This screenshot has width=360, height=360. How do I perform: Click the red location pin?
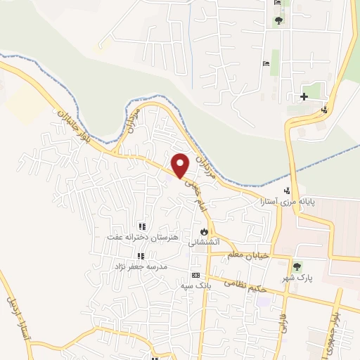tap(181, 165)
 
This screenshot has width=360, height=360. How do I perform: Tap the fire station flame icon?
tap(205, 230)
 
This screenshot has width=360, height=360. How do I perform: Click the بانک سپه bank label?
tap(196, 285)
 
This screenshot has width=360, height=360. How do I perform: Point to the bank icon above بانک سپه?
tap(196, 275)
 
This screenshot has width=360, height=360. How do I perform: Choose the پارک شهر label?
tap(297, 278)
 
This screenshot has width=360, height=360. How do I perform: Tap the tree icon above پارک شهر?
tap(297, 266)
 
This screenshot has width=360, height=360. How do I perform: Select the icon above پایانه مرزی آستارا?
tap(286, 191)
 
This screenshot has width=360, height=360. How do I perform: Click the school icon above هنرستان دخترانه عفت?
tap(141, 226)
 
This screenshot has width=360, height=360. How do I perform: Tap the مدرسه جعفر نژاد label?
tap(141, 267)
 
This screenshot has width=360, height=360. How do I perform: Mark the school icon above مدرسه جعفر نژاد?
tap(141, 256)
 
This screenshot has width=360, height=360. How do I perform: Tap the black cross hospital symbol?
tap(304, 96)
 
